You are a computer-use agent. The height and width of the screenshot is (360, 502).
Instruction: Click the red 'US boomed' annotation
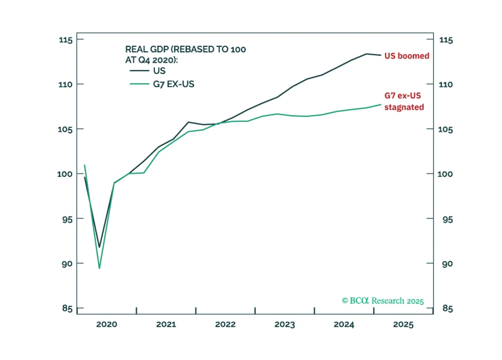coord(407,56)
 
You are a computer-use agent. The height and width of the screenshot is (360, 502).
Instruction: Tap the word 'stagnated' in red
coord(404,107)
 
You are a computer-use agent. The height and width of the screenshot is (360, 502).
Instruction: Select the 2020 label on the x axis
coord(107,324)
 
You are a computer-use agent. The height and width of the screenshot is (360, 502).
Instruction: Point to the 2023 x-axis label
coord(285,324)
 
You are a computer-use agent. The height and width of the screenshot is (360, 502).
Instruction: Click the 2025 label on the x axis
coord(403,324)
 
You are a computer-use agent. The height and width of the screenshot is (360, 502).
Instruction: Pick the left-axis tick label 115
coord(66,40)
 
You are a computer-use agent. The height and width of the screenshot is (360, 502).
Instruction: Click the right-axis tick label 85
coord(448,308)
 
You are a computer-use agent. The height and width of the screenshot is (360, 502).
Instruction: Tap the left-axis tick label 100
coord(65,174)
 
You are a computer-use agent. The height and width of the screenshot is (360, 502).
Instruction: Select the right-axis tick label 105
coord(445,129)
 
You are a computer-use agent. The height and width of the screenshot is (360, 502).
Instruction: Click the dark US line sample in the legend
coord(139,71)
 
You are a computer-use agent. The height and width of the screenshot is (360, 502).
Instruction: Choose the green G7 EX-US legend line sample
coord(139,84)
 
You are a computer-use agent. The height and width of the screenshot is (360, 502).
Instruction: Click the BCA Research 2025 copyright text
coord(383,301)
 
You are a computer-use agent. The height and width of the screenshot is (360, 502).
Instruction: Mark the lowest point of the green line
coord(99,268)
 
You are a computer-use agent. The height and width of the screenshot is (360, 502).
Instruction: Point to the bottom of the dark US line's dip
coord(99,247)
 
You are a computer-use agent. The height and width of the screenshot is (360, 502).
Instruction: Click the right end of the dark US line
coord(381,55)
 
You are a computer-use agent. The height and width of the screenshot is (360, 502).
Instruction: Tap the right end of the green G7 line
coord(381,105)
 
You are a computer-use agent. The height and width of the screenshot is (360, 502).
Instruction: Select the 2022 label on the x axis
coord(225,324)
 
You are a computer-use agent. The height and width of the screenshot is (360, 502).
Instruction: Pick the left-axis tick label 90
coord(67,264)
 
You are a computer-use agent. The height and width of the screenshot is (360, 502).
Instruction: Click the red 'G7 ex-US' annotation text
coord(403,96)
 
